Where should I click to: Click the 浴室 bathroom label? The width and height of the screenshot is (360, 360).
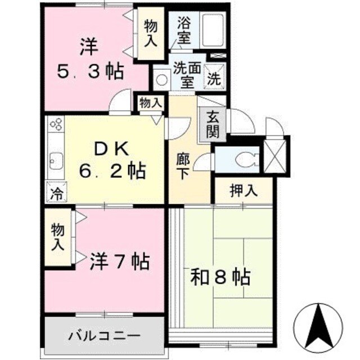(184, 31)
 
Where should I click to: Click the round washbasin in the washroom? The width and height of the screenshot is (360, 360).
(162, 79)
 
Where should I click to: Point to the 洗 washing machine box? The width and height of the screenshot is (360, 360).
(214, 78)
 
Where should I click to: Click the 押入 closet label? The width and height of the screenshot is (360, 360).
(244, 190)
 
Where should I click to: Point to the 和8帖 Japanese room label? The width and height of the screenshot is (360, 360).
(219, 277)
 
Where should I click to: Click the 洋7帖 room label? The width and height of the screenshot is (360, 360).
(119, 261)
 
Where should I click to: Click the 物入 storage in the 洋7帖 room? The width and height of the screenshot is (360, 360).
(58, 237)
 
